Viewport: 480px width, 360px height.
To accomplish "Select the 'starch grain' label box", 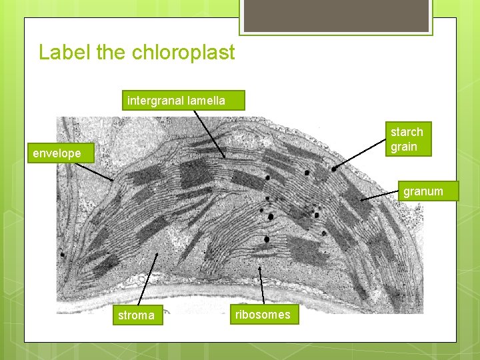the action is pos(407,139).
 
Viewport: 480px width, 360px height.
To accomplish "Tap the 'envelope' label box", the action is pos(57,153).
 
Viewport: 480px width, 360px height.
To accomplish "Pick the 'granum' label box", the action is pos(423,191).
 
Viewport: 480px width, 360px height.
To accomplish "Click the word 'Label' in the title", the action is pos(65,53).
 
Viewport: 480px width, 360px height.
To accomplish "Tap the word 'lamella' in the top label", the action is pos(206,101).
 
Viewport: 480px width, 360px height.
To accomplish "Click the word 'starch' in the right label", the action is pos(407,132).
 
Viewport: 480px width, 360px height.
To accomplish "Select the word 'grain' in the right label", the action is pos(404,147).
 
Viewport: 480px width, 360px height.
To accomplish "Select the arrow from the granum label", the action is pos(380,195).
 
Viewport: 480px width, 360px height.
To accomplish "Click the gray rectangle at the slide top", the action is pos(336,15).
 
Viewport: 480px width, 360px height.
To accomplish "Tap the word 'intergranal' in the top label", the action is pos(156,101).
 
